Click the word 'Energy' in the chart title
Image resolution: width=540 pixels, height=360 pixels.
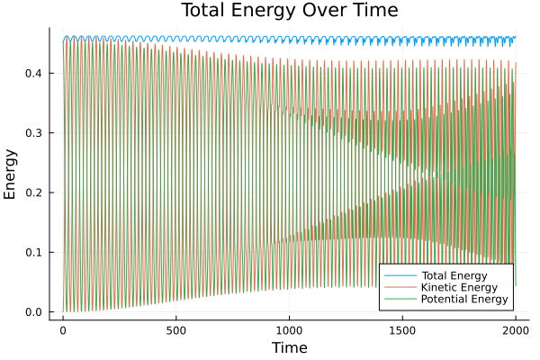click(x=268, y=11)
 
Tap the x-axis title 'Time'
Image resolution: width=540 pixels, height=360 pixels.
click(x=289, y=347)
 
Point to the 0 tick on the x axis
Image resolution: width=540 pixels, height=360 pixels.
click(x=63, y=329)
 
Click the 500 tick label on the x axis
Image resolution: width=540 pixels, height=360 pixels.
click(x=176, y=329)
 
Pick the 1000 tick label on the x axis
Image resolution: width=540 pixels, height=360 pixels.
click(x=289, y=329)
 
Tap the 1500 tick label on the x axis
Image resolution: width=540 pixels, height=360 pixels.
click(x=402, y=329)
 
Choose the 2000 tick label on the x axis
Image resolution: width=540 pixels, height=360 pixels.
click(x=516, y=329)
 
